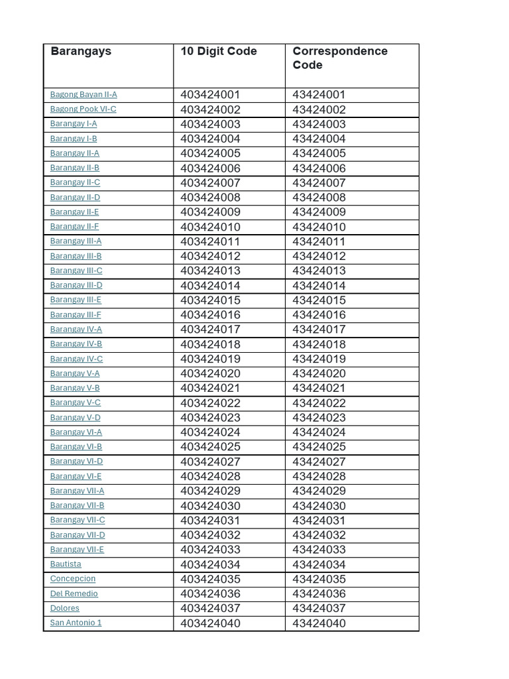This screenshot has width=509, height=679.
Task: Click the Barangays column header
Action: click(81, 51)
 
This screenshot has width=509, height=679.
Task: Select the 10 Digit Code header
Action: click(218, 51)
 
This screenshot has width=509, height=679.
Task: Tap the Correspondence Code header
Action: click(339, 58)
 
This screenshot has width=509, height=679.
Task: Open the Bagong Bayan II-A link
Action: click(84, 95)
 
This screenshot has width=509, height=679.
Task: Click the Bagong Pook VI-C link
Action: click(83, 109)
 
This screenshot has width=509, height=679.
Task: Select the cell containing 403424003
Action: click(210, 124)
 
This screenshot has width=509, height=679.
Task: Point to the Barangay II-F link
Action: click(74, 227)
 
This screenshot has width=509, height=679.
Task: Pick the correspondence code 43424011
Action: click(319, 241)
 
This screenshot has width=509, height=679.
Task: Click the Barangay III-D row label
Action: click(76, 285)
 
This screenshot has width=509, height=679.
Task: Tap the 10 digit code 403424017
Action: click(210, 330)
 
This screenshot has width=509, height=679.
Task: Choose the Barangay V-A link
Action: click(75, 373)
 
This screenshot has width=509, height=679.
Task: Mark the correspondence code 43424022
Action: click(319, 403)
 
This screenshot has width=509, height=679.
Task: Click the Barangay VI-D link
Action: click(76, 462)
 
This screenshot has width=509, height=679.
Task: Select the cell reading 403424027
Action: click(210, 462)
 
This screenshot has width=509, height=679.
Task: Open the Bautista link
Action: click(66, 564)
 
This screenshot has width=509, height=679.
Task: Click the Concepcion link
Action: click(73, 579)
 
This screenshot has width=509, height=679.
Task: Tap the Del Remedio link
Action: click(74, 593)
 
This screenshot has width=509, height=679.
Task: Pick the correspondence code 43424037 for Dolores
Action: click(319, 608)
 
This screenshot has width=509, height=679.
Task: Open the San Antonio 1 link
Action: click(76, 623)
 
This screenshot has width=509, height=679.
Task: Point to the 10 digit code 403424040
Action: click(210, 623)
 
